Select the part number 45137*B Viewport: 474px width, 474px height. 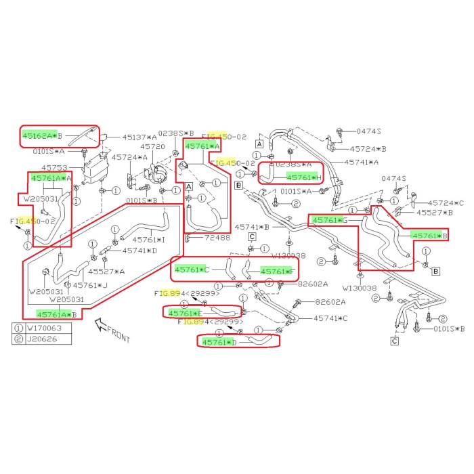139,137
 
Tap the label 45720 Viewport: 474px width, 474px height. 152,147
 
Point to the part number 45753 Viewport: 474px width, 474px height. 54,168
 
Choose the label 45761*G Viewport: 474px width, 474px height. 330,221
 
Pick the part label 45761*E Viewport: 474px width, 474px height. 185,314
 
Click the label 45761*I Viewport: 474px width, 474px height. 148,239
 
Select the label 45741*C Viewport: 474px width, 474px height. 330,318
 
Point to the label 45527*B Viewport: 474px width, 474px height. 434,213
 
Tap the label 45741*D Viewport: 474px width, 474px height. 139,251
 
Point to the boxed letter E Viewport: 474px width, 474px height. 239,184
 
